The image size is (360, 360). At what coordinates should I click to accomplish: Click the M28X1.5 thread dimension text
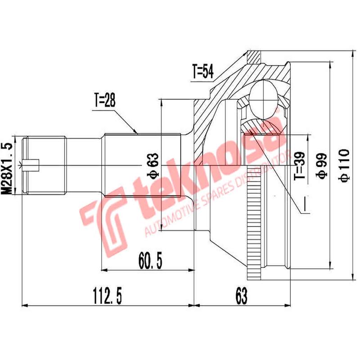[x=6, y=167]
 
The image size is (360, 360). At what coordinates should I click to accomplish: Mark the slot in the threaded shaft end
[x=33, y=165]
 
